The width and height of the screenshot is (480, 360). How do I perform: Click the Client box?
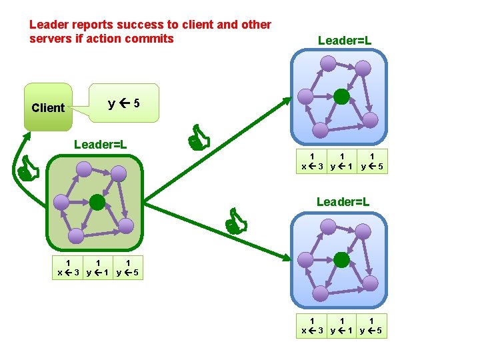click(x=48, y=107)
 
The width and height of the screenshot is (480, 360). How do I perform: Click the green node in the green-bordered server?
click(x=98, y=203)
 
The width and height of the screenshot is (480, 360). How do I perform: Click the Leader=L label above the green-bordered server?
click(x=101, y=144)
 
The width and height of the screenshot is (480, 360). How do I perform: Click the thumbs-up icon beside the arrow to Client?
click(x=28, y=169)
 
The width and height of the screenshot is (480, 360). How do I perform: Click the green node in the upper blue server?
click(x=341, y=97)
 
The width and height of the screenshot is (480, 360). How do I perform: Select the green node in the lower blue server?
click(x=342, y=259)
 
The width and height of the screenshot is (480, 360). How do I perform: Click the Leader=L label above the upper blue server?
click(x=345, y=41)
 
